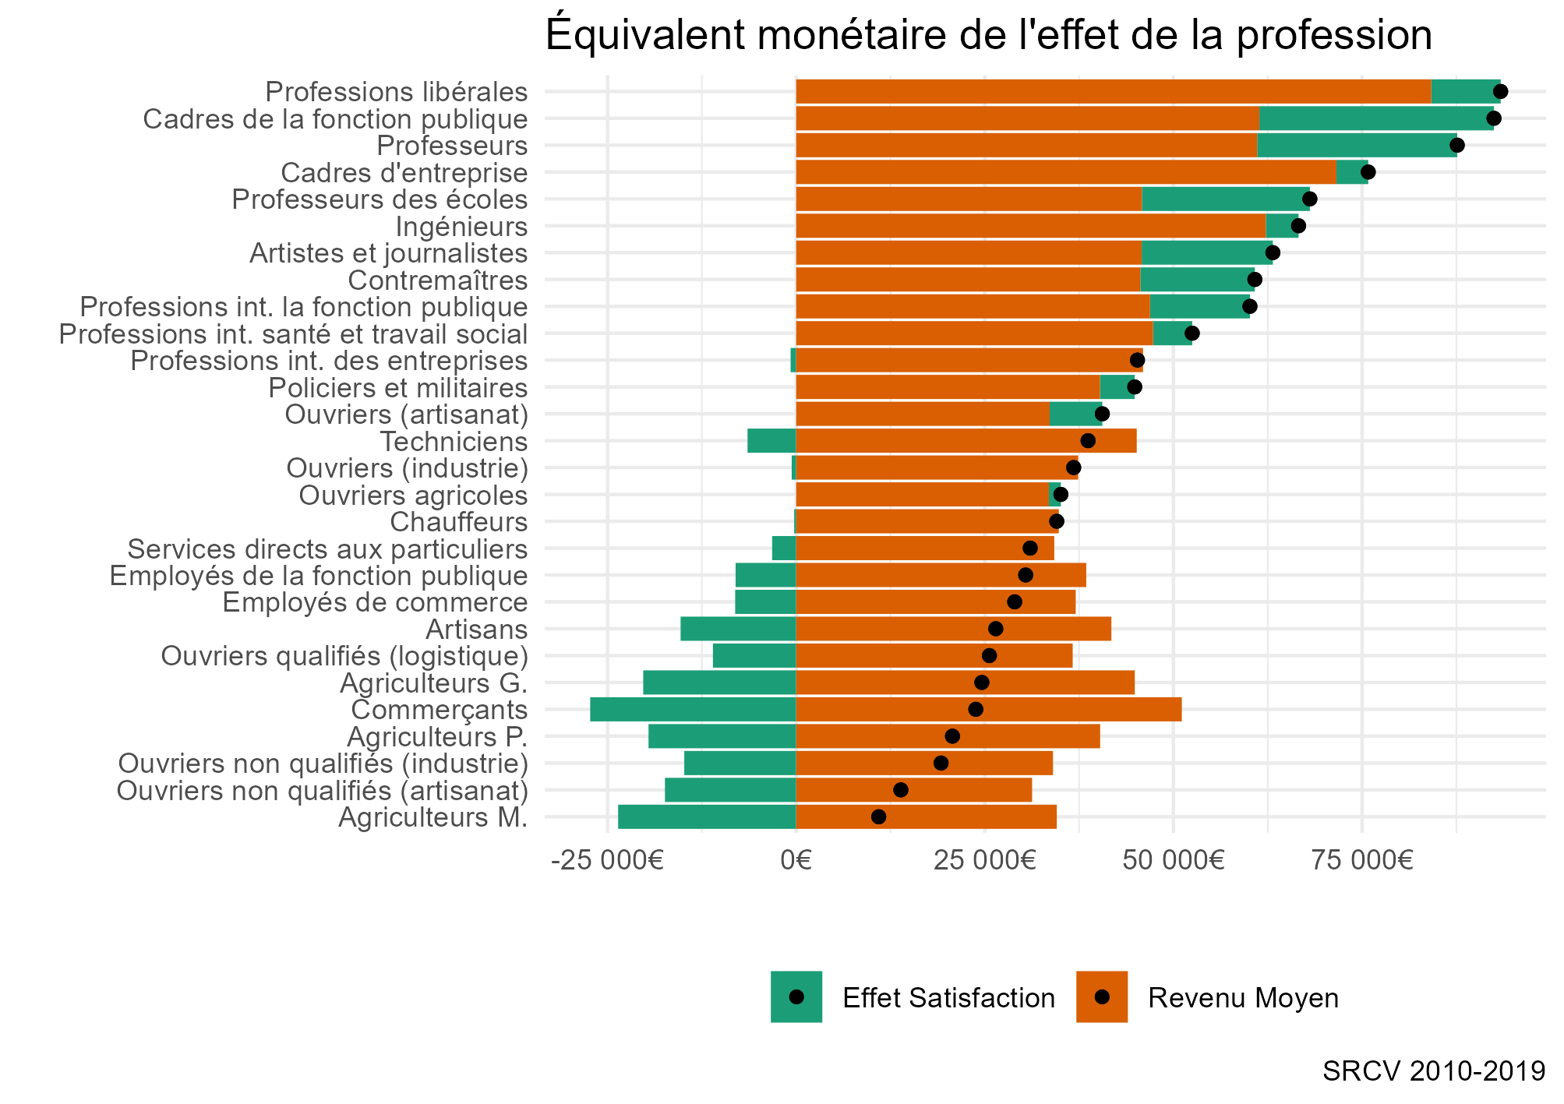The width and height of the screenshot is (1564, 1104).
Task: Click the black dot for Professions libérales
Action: pyautogui.click(x=1500, y=92)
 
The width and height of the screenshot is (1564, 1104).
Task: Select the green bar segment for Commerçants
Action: pyautogui.click(x=693, y=710)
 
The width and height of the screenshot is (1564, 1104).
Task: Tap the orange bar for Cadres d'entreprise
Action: pyautogui.click(x=1066, y=172)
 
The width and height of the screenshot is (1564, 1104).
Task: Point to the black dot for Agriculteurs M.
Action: pyautogui.click(x=878, y=817)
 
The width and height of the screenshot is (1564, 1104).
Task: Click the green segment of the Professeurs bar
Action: pyautogui.click(x=1357, y=146)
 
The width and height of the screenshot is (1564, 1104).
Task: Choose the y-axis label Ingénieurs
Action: pyautogui.click(x=461, y=227)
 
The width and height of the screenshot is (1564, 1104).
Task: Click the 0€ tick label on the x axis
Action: pyautogui.click(x=796, y=861)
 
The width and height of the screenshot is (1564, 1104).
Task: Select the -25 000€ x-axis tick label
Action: pyautogui.click(x=607, y=861)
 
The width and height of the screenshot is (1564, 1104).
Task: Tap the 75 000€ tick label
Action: pyautogui.click(x=1361, y=861)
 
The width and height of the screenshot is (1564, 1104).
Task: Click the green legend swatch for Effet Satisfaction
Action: pyautogui.click(x=796, y=996)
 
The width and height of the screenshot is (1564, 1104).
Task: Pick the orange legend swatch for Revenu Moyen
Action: pyautogui.click(x=1101, y=996)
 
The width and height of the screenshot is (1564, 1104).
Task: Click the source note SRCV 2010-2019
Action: pyautogui.click(x=1434, y=1071)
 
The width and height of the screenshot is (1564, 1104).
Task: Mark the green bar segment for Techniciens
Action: pyautogui.click(x=771, y=441)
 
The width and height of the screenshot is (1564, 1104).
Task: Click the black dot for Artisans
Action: pyautogui.click(x=995, y=629)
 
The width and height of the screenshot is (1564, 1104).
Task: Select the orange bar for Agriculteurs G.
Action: pyautogui.click(x=965, y=683)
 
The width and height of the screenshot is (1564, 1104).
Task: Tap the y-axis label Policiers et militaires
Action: pyautogui.click(x=398, y=388)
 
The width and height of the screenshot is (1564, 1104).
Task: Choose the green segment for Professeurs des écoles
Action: pyautogui.click(x=1226, y=199)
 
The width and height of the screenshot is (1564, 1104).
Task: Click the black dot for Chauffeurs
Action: pyautogui.click(x=1056, y=521)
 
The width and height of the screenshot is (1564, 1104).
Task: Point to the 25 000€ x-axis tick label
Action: pyautogui.click(x=984, y=861)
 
